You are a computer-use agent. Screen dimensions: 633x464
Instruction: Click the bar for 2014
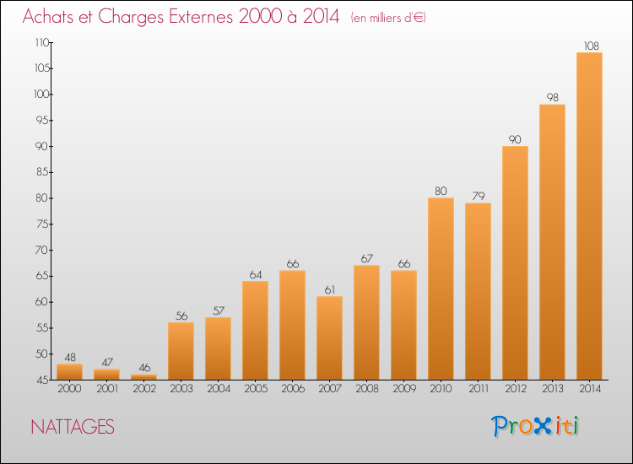click(x=589, y=216)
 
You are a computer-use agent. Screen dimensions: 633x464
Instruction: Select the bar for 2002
click(x=144, y=377)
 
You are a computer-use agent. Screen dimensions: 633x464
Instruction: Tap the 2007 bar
click(x=329, y=338)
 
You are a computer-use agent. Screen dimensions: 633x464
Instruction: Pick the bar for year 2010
click(x=441, y=289)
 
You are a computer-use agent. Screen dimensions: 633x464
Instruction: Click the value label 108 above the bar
click(x=592, y=46)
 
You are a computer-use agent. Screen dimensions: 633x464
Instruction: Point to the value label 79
click(x=479, y=196)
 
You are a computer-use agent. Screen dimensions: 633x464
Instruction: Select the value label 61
click(x=330, y=289)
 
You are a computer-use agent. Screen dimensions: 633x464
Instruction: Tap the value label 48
click(x=70, y=357)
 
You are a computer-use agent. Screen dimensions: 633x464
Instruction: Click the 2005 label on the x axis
click(x=256, y=389)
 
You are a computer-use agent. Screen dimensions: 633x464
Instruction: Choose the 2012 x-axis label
click(x=516, y=389)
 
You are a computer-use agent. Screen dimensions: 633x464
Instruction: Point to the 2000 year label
click(x=69, y=389)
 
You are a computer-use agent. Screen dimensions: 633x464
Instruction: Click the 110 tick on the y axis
click(x=42, y=42)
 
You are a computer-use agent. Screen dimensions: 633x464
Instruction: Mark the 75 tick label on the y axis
click(x=41, y=224)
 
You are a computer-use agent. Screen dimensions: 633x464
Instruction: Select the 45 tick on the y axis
click(x=41, y=380)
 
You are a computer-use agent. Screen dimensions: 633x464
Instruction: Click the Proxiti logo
click(x=535, y=426)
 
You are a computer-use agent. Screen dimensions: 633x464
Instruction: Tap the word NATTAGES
click(x=73, y=427)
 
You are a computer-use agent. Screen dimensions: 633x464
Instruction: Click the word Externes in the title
click(x=201, y=17)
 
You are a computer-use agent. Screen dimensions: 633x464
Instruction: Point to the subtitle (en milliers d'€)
click(x=388, y=18)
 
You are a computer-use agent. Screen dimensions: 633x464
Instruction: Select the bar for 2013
click(x=552, y=242)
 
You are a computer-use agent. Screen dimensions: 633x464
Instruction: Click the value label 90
click(x=515, y=139)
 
